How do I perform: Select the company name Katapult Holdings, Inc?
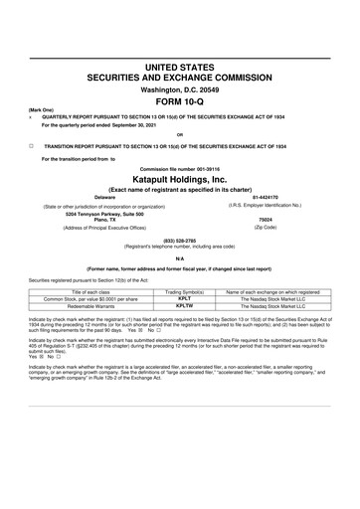pyautogui.click(x=179, y=181)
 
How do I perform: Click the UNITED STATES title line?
pyautogui.click(x=179, y=64)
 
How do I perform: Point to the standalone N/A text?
pyautogui.click(x=179, y=257)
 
